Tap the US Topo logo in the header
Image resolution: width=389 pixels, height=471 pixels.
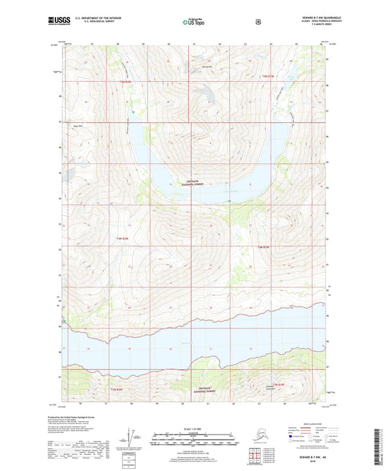point(194,22)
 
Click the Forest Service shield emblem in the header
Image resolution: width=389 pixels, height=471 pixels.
point(258,21)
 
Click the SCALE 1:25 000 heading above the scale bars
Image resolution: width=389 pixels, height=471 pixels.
point(193,428)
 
